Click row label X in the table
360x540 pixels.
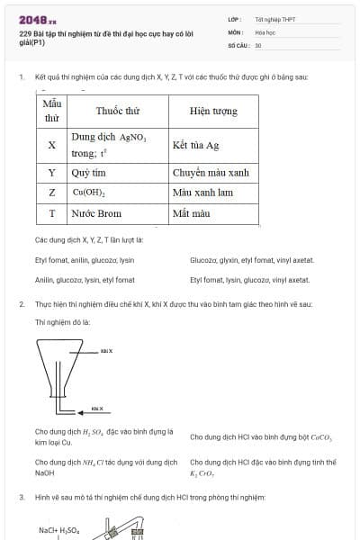(x=51, y=144)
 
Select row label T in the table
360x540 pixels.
(x=51, y=214)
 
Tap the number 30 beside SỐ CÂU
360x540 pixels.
(x=258, y=44)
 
